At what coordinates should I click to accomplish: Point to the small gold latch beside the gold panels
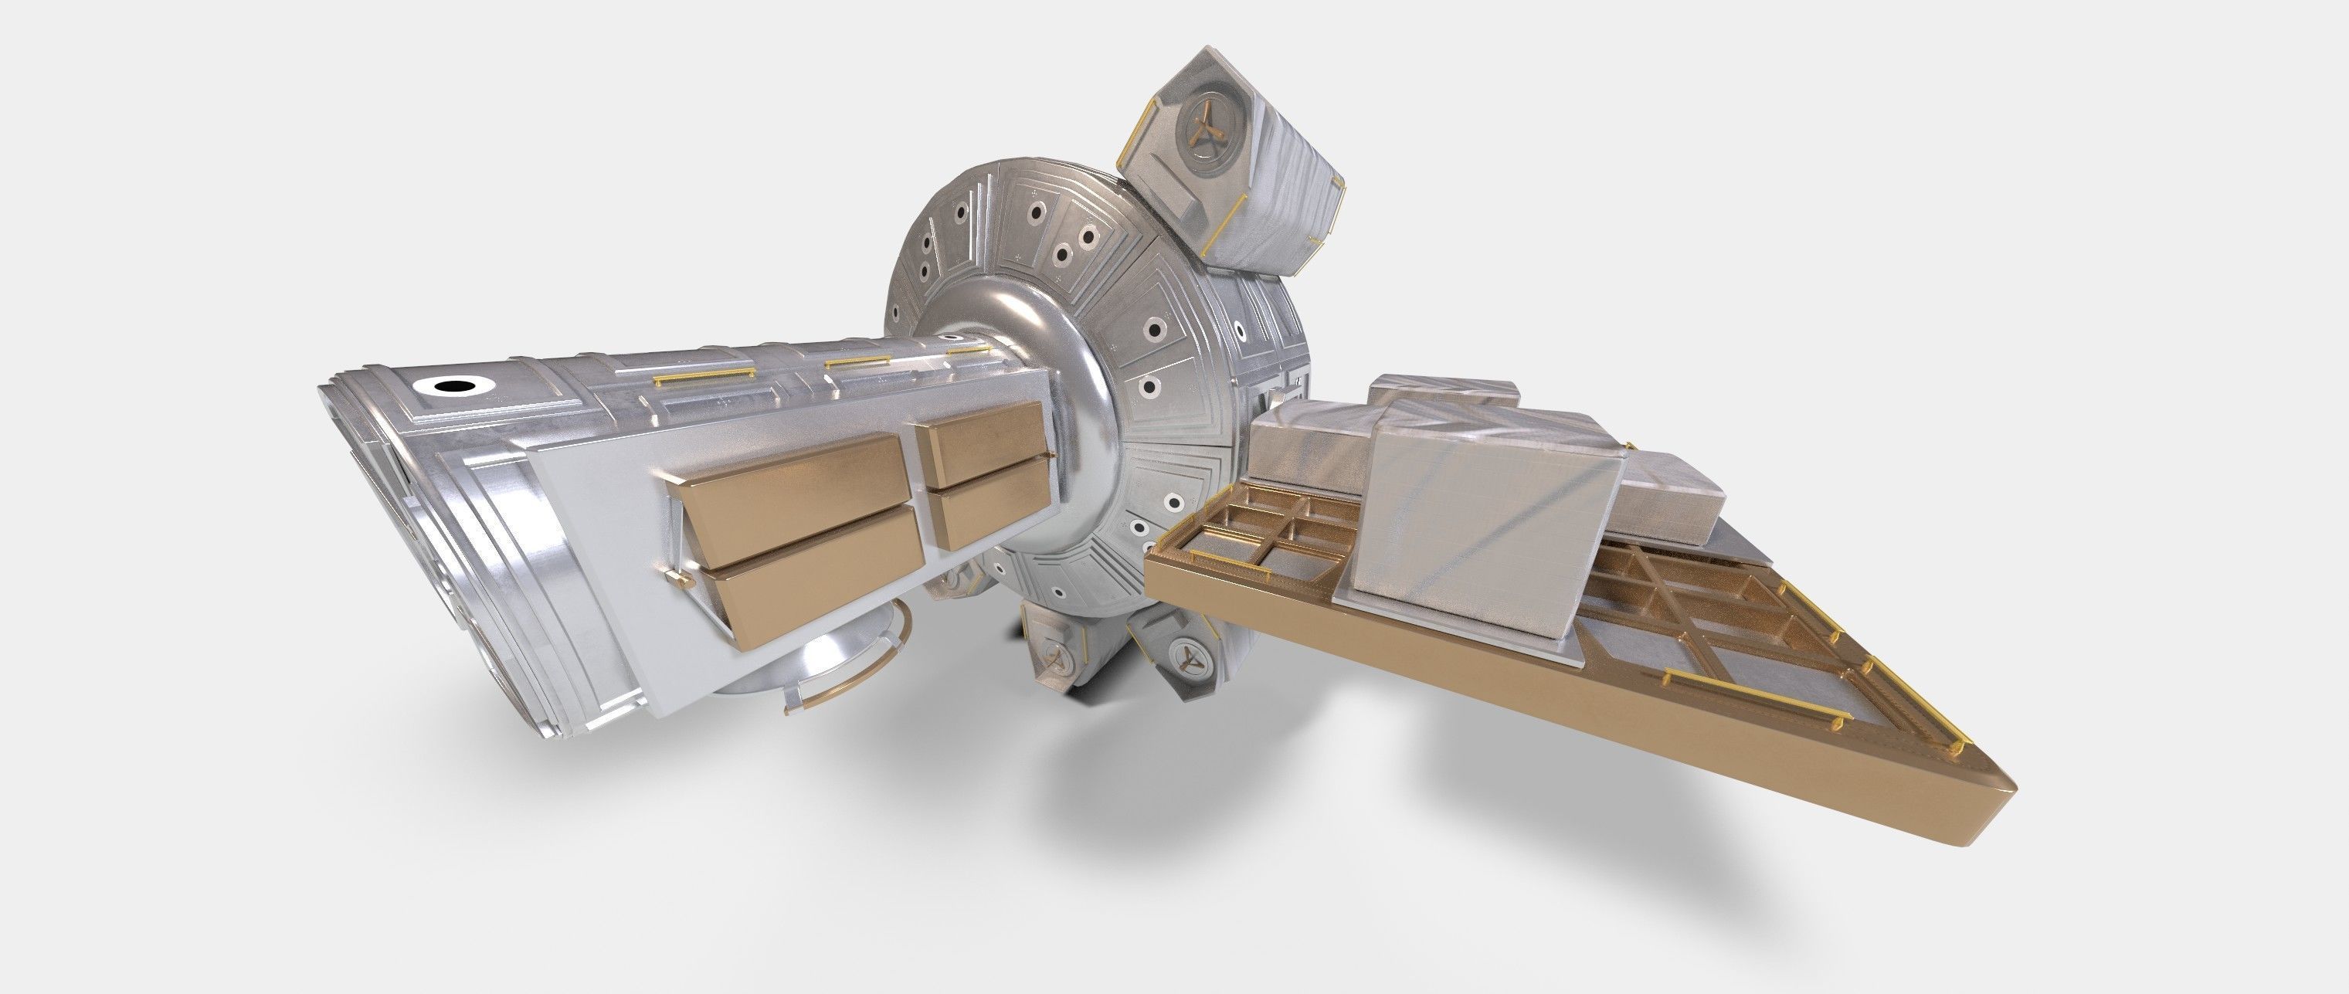(677, 577)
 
